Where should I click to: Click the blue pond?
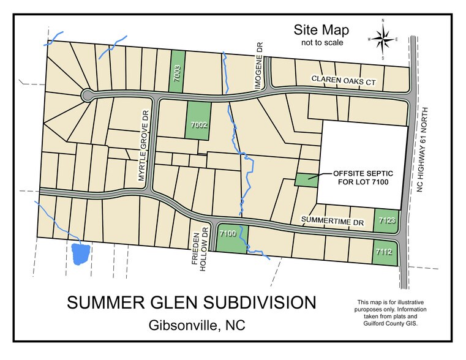pos(81,253)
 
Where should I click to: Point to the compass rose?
pos(383,40)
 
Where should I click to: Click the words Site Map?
pos(321,30)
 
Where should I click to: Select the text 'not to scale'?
pos(321,43)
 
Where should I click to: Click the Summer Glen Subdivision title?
pos(192,303)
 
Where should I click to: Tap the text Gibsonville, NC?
pos(197,326)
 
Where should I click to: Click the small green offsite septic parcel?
pos(306,179)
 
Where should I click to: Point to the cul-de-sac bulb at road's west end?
pos(86,95)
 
